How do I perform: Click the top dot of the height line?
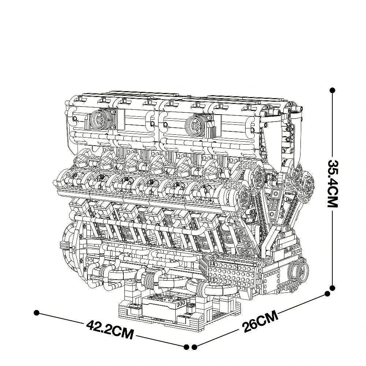[332, 90]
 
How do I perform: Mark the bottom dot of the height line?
[332, 288]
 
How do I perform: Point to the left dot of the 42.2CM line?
[36, 313]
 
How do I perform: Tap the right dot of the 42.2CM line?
[186, 346]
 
